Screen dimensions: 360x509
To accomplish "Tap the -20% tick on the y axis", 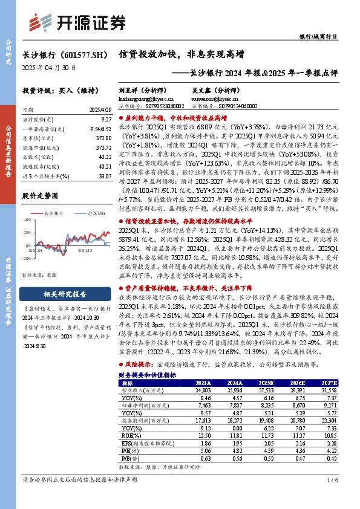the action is pyautogui.click(x=26, y=258).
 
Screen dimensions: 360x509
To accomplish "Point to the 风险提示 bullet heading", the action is pyautogui.click(x=139, y=366).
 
